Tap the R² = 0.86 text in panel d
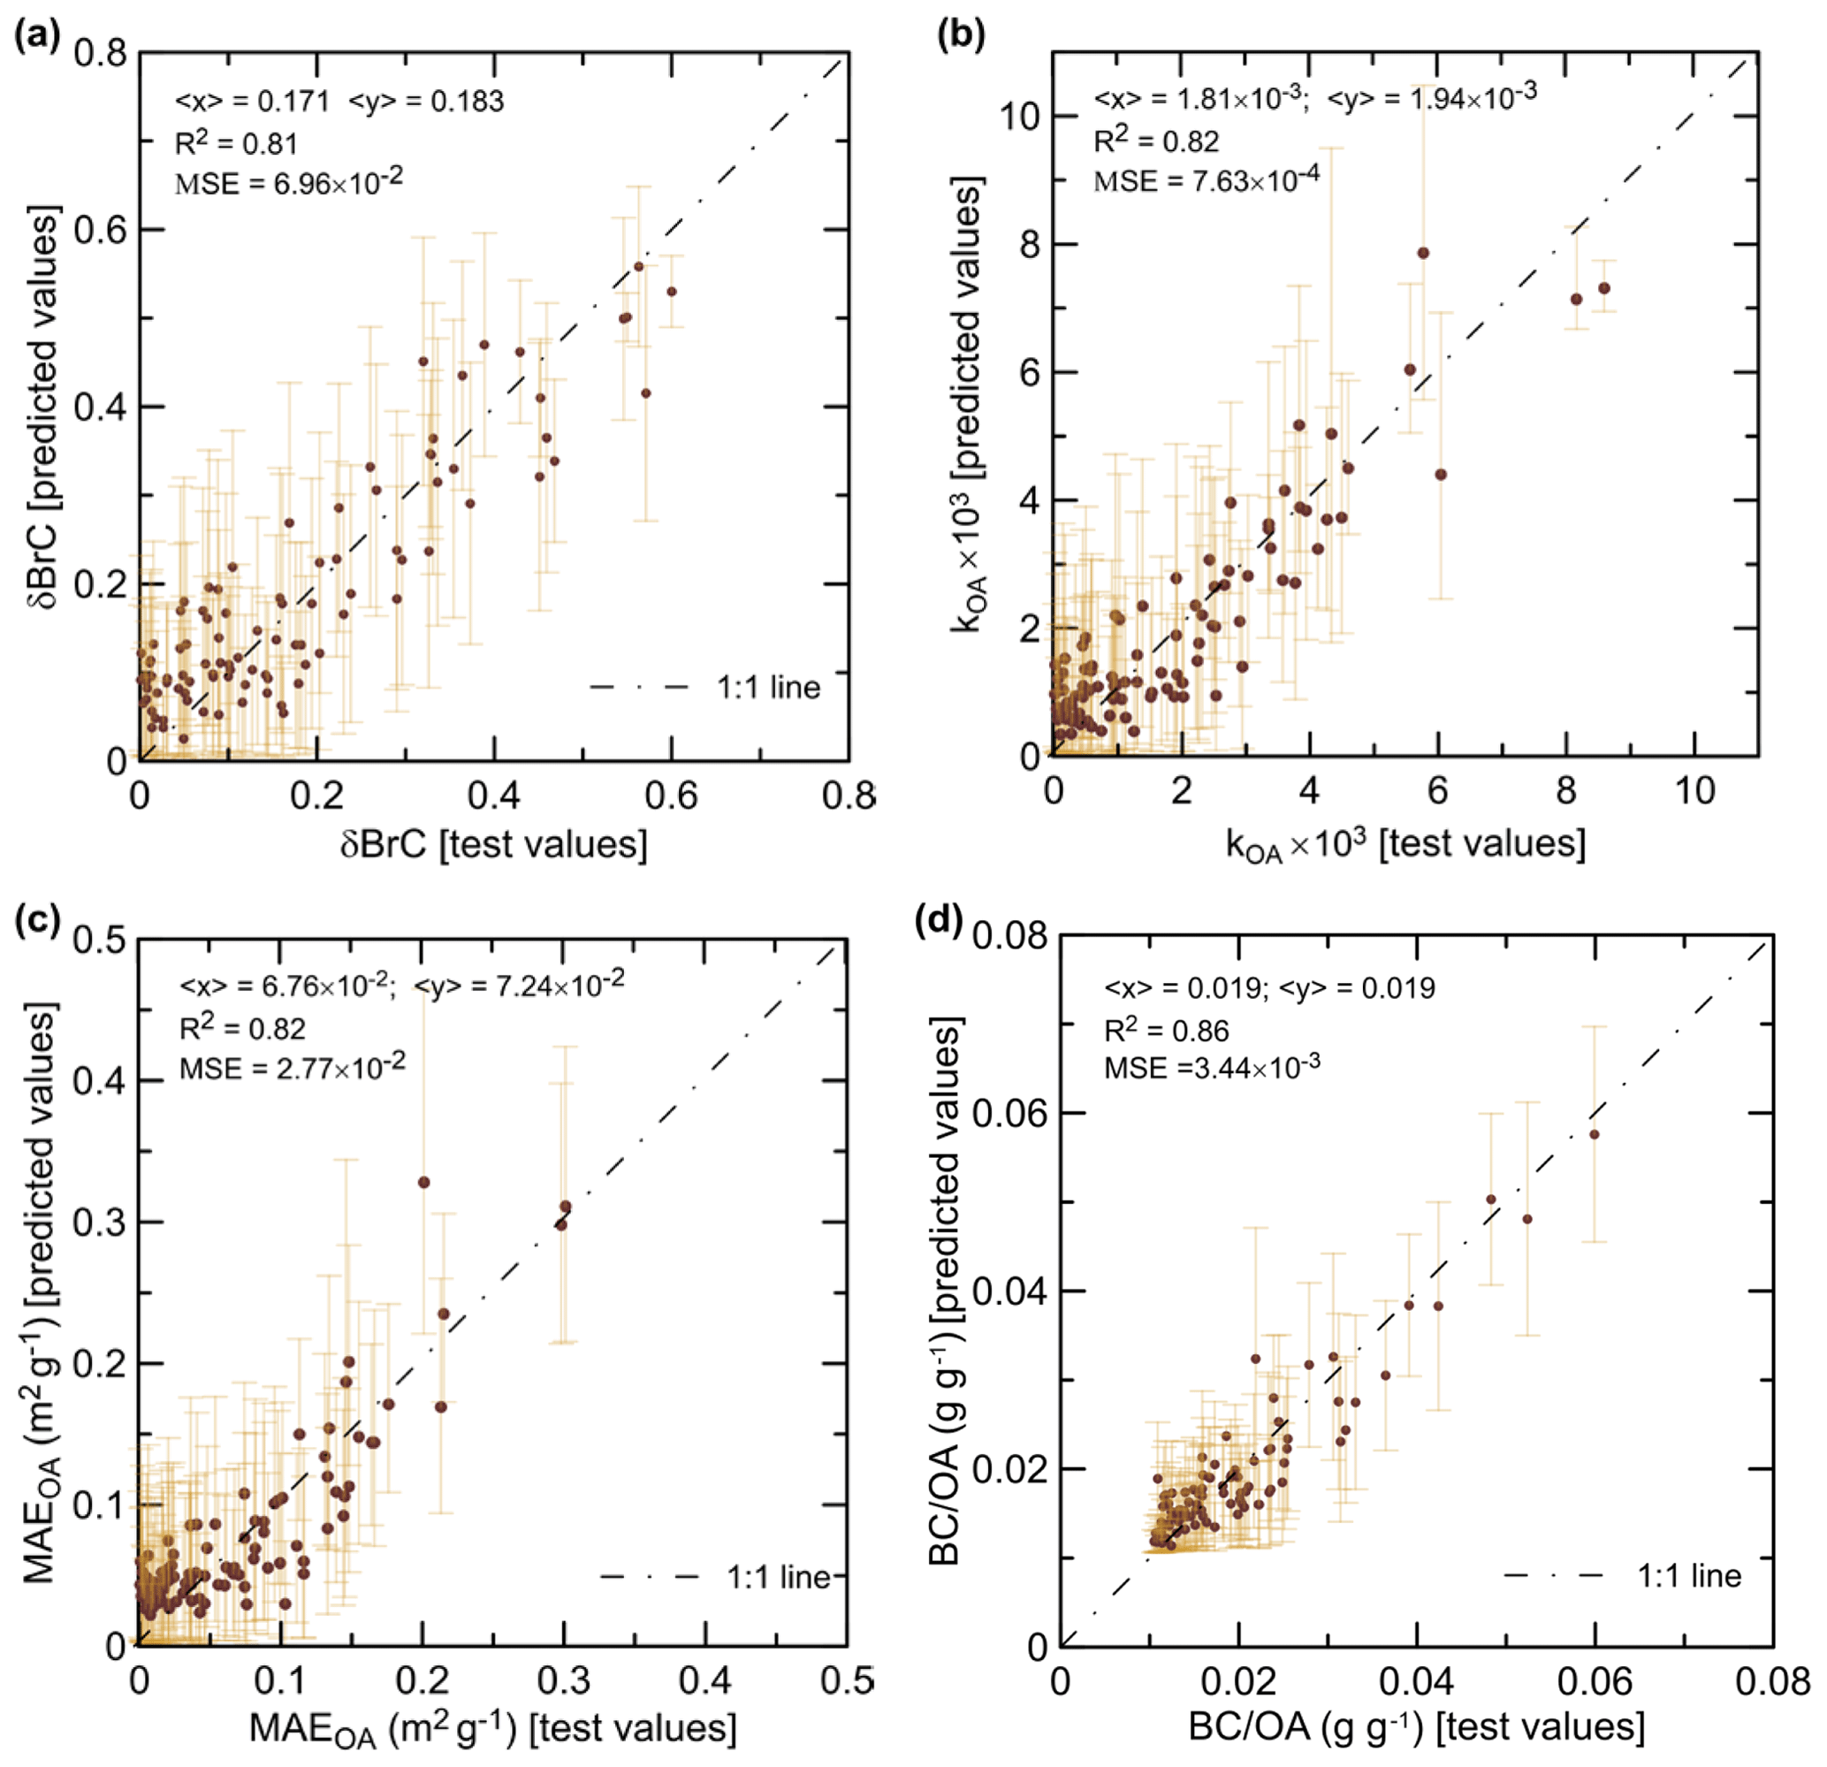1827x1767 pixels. click(1166, 1030)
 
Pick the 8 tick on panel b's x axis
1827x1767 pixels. click(1566, 791)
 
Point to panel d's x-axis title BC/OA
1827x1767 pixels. click(1416, 1726)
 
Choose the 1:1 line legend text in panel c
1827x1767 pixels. click(779, 1577)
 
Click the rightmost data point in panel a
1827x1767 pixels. click(671, 292)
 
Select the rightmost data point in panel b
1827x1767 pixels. click(1604, 288)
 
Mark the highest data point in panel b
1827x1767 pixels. click(1423, 253)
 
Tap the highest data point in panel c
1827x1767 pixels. click(424, 1182)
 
